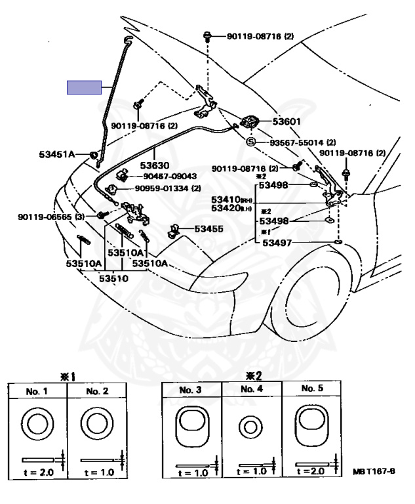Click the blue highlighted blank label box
point(84,87)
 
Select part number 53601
point(287,121)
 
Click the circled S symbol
point(250,142)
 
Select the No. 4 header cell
point(251,389)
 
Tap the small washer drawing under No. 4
point(251,428)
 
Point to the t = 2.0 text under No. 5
point(312,471)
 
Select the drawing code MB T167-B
point(374,472)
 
